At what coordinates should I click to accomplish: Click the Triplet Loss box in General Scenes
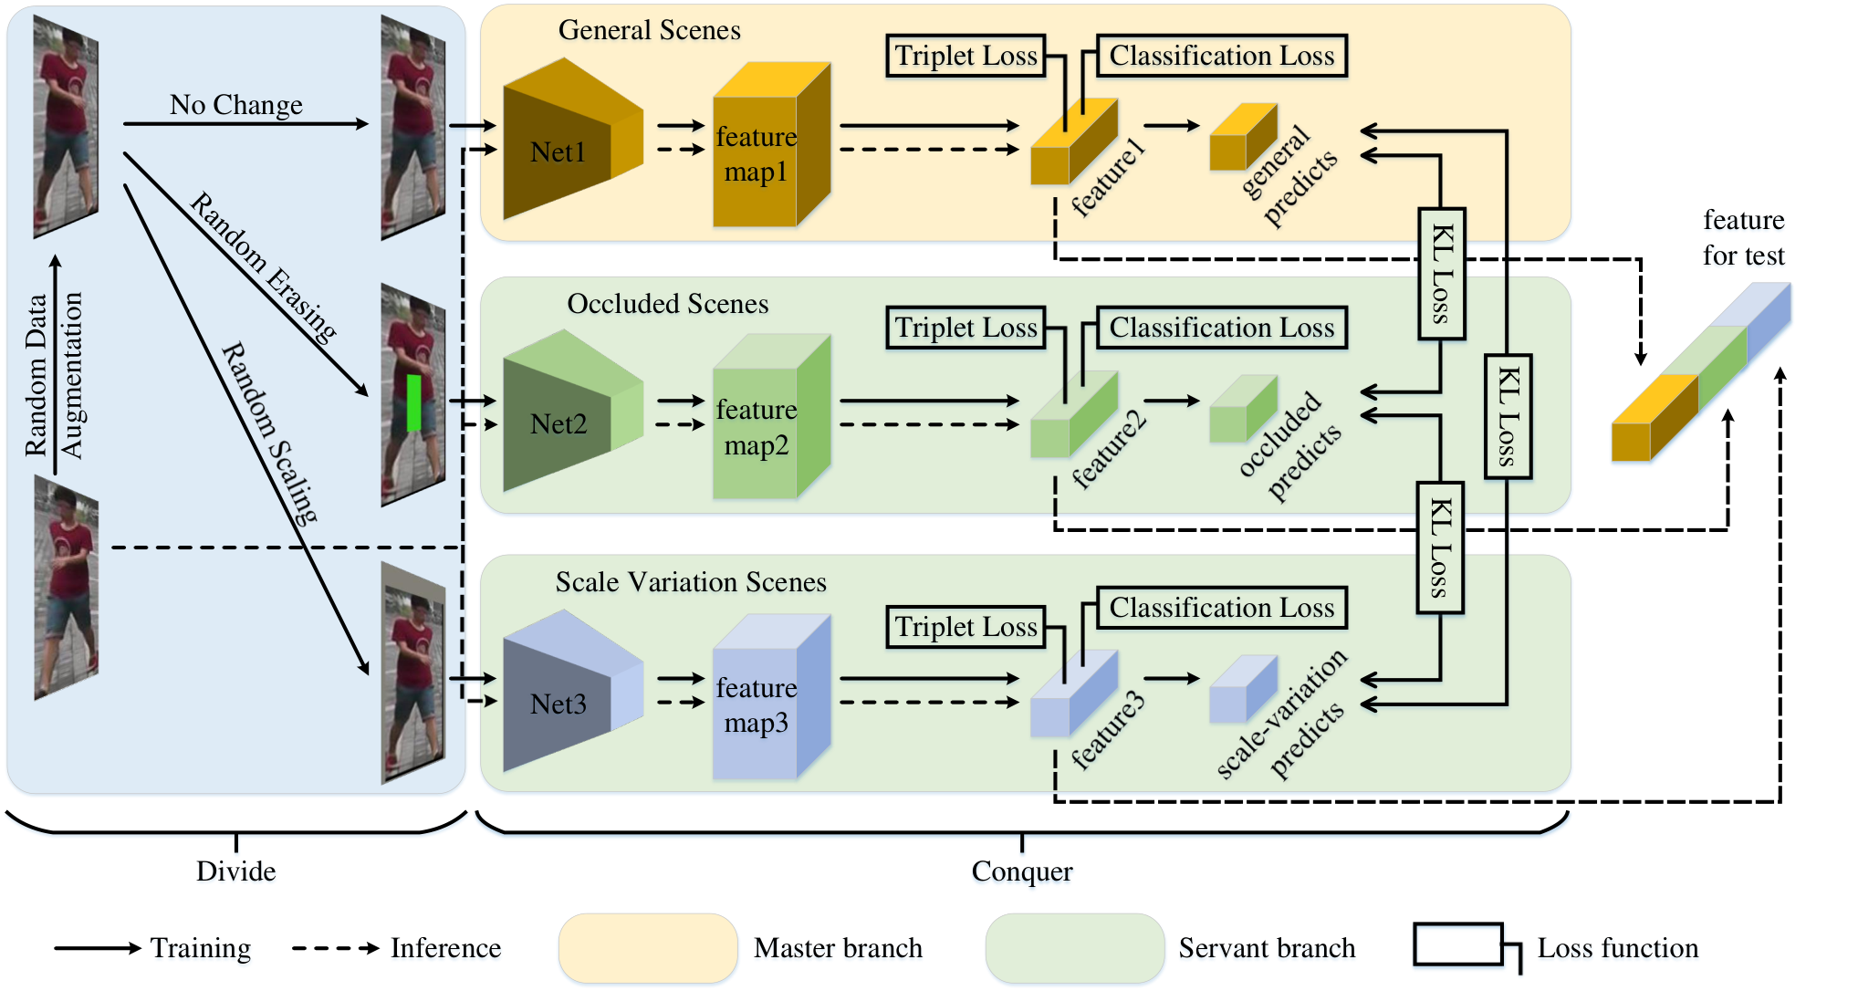coord(966,56)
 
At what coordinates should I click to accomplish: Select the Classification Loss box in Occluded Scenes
coord(1221,328)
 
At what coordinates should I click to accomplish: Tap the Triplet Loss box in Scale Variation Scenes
coord(966,627)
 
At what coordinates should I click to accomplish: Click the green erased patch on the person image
coord(413,402)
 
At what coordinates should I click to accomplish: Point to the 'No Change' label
coord(235,105)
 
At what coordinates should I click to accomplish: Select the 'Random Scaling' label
coord(270,433)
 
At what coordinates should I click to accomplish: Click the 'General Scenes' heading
coord(649,30)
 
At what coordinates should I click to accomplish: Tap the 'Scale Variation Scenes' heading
coord(691,582)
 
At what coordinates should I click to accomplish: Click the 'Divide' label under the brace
coord(235,871)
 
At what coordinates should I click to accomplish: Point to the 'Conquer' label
coord(1022,871)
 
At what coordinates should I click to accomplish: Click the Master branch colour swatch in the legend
coord(648,948)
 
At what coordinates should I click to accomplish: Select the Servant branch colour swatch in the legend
coord(1075,948)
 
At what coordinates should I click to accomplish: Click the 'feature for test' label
coord(1743,237)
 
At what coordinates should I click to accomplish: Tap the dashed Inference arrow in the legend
coord(336,948)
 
